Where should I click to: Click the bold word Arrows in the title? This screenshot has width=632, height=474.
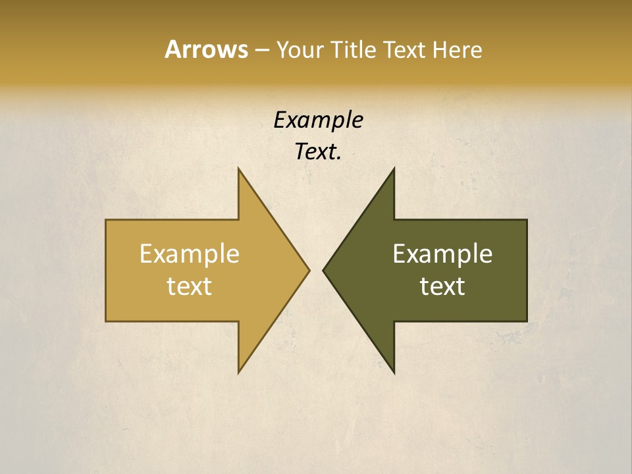click(x=205, y=49)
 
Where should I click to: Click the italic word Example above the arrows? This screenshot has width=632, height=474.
click(x=318, y=120)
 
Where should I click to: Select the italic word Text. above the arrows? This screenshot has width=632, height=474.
click(x=318, y=152)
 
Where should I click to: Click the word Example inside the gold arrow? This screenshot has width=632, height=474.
click(x=190, y=254)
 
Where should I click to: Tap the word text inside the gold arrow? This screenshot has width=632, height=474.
click(x=190, y=286)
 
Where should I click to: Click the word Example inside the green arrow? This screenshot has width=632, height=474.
click(x=442, y=254)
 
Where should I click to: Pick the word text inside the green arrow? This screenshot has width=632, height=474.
click(x=442, y=286)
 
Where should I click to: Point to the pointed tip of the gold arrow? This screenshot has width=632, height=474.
click(x=309, y=270)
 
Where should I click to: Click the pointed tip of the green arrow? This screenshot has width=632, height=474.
click(x=323, y=270)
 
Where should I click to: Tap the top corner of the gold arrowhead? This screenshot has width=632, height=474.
click(x=238, y=169)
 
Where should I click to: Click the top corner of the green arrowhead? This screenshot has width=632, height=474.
click(x=394, y=169)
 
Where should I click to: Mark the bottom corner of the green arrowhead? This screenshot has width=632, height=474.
click(x=394, y=373)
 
